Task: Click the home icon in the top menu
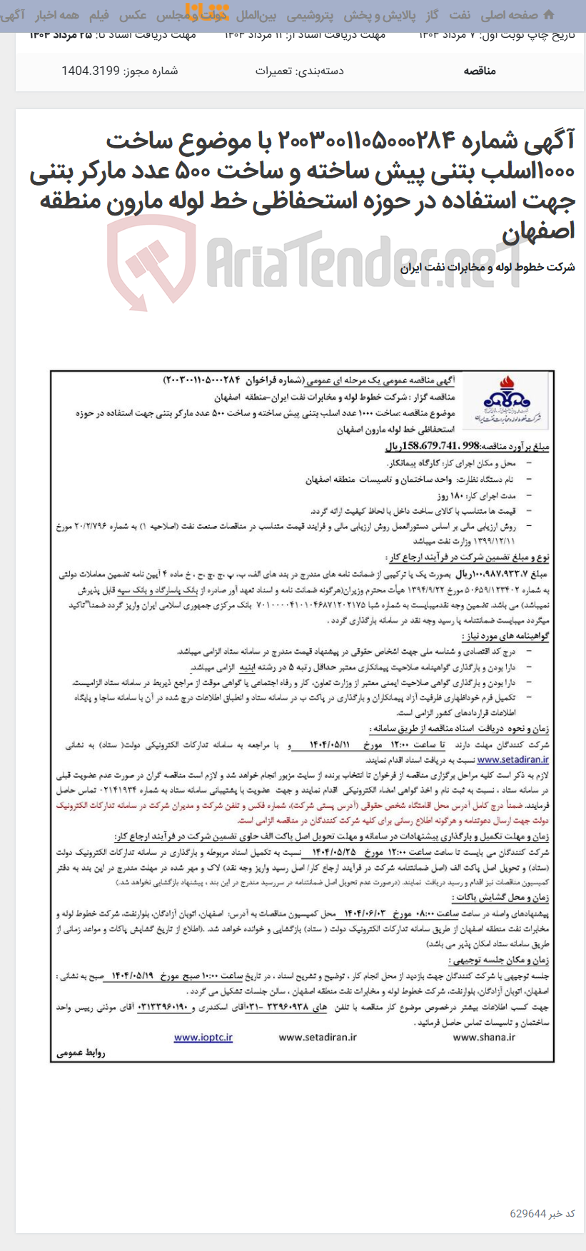tap(548, 15)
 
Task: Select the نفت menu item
tap(460, 15)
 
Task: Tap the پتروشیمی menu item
tap(310, 15)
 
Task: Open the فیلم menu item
tap(98, 15)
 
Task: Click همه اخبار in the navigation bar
tap(57, 15)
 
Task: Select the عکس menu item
tap(133, 15)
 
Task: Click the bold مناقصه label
tap(480, 71)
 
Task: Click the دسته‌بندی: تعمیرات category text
tap(299, 71)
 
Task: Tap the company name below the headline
tap(488, 268)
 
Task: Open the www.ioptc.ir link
tap(203, 1037)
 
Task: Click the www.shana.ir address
tap(484, 1037)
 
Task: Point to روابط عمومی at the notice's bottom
tap(81, 1053)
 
